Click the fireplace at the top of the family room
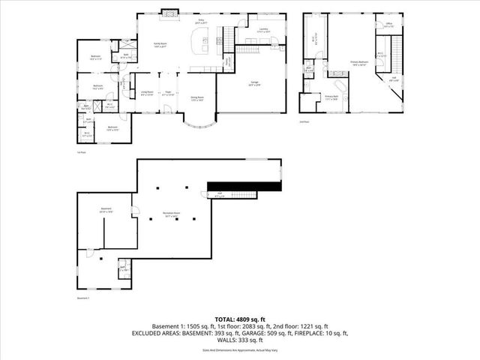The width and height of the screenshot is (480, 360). click(171, 13)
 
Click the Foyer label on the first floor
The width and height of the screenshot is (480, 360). click(169, 93)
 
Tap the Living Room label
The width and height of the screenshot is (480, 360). click(147, 93)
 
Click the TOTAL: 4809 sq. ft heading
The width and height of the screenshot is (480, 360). click(241, 319)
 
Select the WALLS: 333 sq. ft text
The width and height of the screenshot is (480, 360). click(241, 341)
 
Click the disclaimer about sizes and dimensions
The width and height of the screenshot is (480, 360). click(240, 351)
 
